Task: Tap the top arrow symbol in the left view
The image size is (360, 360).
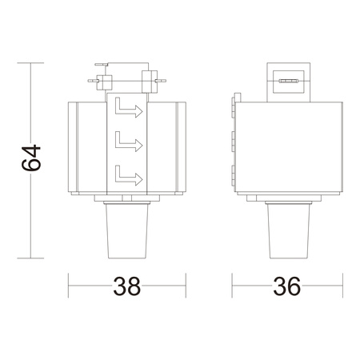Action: pos(127,109)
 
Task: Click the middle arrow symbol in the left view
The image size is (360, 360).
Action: pos(127,142)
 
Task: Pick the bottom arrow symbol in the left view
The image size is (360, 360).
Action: pos(127,174)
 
